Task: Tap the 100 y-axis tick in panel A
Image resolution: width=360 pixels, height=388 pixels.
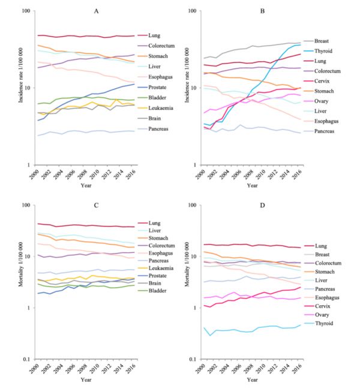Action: [x=25, y=11]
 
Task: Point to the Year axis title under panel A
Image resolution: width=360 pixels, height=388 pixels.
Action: [x=86, y=185]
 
